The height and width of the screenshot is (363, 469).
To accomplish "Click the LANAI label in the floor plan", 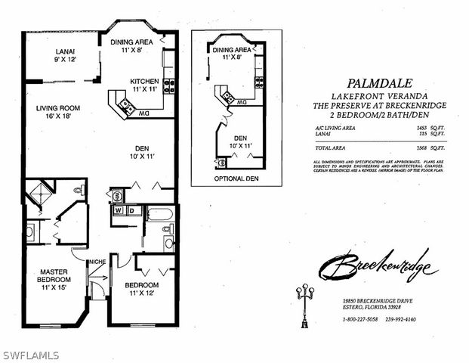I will pos(63,51).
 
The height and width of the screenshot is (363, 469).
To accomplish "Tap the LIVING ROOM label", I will pos(57,108).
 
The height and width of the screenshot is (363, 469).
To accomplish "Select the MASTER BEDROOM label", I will pos(54,276).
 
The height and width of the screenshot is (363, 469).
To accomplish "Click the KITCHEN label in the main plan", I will pos(143,82).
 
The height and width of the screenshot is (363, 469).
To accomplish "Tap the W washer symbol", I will pos(118,210).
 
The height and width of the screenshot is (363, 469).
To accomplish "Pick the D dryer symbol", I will pos(130,210).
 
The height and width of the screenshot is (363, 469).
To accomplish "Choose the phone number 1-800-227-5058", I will pos(359,319).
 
